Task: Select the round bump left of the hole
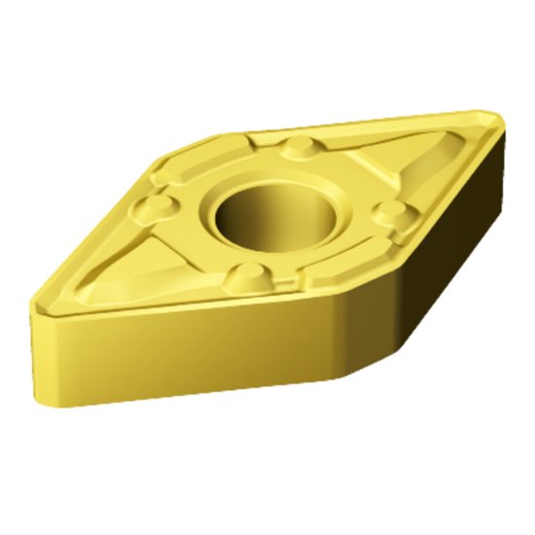point(152,206)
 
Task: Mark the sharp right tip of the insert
point(498,118)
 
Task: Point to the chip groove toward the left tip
point(107,267)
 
